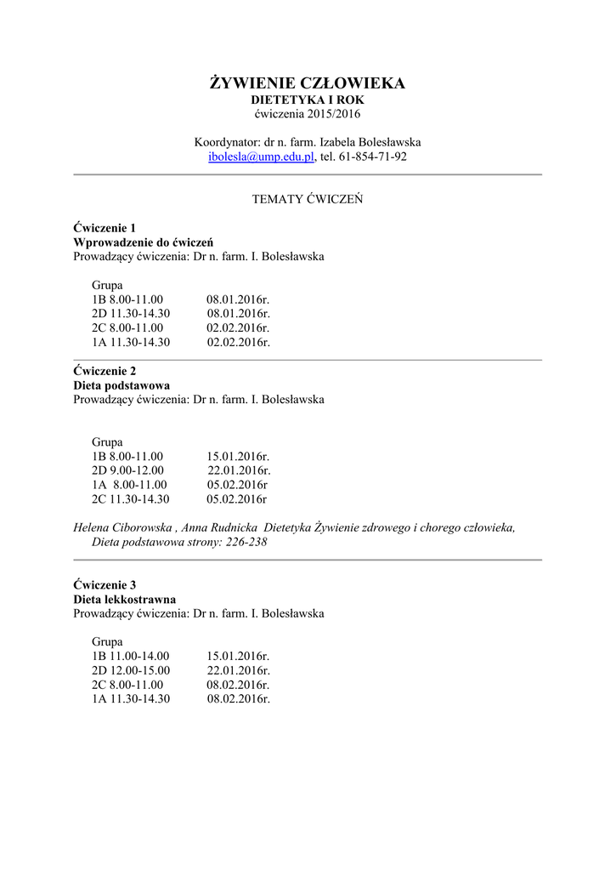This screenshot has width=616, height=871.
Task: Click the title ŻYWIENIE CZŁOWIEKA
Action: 308,83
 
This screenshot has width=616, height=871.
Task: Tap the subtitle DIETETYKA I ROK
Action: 308,100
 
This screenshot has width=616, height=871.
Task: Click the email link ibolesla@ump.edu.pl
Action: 262,157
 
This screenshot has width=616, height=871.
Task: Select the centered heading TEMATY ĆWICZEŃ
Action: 308,199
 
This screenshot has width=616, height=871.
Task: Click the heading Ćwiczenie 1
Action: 105,228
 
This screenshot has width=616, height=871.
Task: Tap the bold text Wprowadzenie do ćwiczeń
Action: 143,242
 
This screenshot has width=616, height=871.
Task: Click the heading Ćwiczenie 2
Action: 105,371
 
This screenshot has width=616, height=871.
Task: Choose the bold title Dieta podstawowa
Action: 122,385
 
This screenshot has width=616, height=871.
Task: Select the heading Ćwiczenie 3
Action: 105,585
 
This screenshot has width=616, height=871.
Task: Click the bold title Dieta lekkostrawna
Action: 124,600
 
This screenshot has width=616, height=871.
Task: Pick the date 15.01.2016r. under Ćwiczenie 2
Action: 238,457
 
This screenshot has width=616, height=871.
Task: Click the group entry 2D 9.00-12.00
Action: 127,470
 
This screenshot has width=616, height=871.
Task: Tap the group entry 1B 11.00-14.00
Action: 131,657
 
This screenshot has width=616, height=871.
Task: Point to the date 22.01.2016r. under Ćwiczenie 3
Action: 238,670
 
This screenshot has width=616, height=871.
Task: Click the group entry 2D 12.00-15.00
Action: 131,670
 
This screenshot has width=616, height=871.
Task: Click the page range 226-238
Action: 247,542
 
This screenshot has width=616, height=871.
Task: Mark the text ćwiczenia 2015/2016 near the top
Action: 308,114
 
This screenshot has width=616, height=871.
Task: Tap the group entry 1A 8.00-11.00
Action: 129,485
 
